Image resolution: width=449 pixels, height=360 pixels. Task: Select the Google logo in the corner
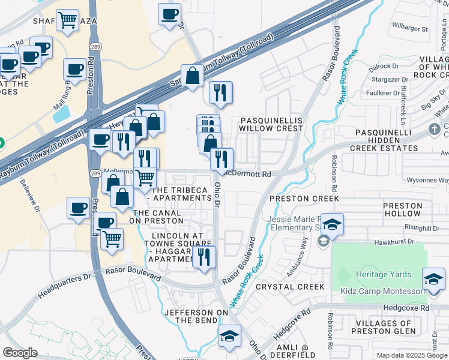20,353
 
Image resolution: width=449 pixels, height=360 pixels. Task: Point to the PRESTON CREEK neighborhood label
304,199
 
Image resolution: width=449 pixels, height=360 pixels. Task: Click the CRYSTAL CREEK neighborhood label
290,287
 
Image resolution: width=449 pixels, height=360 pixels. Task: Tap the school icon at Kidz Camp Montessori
433,279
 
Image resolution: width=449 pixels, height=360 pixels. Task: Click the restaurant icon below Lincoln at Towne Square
205,257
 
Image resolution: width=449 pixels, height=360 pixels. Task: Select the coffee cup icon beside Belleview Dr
78,208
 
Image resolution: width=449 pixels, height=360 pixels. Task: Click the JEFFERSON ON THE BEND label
196,316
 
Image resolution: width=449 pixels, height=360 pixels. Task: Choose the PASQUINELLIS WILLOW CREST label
271,124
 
